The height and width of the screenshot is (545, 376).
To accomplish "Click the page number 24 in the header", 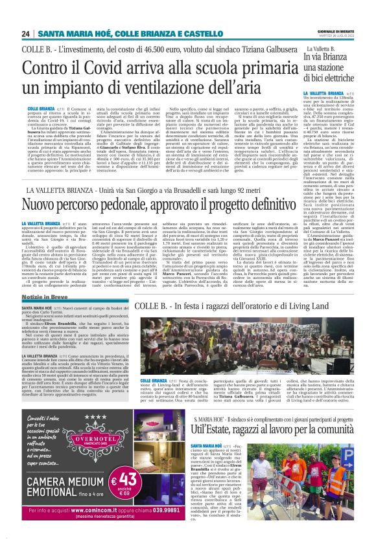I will tap(25, 34).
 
